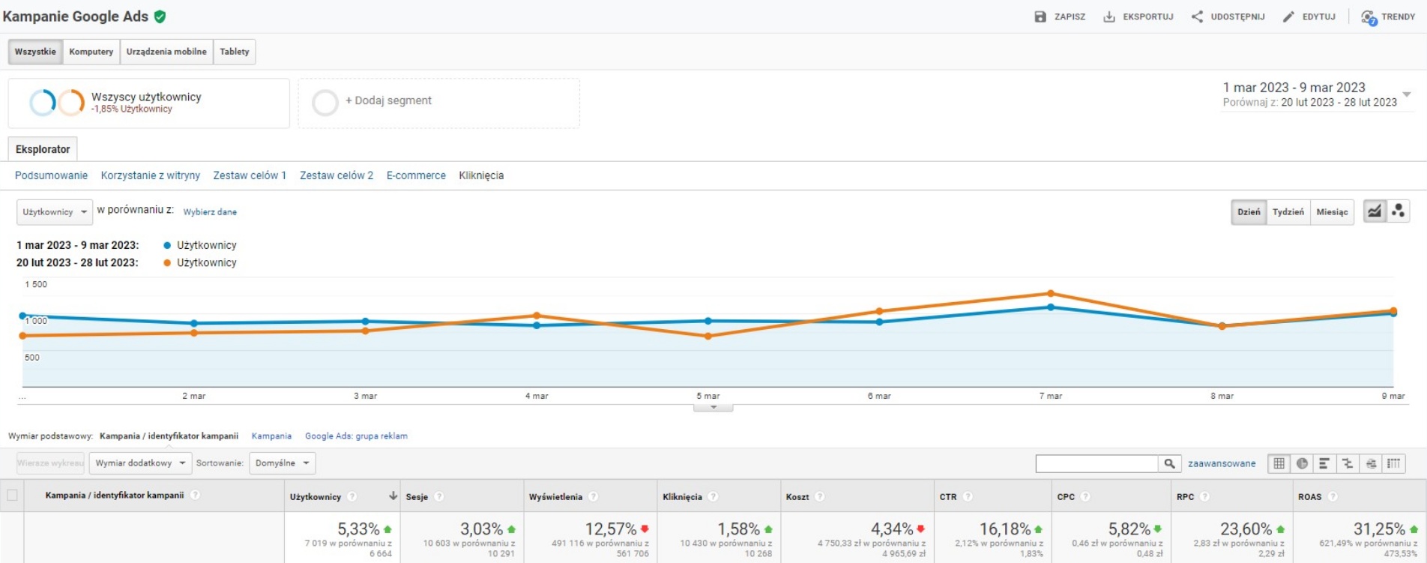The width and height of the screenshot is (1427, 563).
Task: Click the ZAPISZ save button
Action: coord(1060,16)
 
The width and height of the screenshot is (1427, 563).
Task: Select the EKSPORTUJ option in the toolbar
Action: coord(1138,16)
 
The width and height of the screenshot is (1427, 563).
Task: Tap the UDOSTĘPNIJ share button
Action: coord(1228,16)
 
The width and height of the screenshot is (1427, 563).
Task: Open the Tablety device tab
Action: coord(234,52)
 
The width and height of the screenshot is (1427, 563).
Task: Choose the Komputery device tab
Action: coord(91,52)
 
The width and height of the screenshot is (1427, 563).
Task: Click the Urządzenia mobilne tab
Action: coord(166,52)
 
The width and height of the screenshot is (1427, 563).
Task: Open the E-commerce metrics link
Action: coord(416,175)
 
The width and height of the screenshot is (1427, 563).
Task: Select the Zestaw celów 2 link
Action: coord(337,175)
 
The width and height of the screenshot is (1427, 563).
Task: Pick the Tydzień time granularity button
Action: coord(1288,212)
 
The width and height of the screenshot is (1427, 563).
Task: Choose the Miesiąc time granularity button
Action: coord(1332,212)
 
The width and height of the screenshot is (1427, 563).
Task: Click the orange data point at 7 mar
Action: coord(1051,293)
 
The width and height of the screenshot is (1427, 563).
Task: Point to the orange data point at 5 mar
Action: coord(708,337)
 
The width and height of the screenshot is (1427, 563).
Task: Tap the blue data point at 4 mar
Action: coord(537,325)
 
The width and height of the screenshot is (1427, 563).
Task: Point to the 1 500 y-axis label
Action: coord(36,285)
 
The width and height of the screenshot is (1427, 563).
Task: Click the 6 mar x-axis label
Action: coord(879,396)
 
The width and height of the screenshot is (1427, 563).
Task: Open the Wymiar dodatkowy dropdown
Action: coord(140,463)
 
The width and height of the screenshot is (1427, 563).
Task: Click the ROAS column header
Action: coord(1309,497)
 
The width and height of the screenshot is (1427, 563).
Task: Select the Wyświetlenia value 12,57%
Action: coord(610,529)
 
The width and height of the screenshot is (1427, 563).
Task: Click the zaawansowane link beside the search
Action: coord(1221,464)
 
